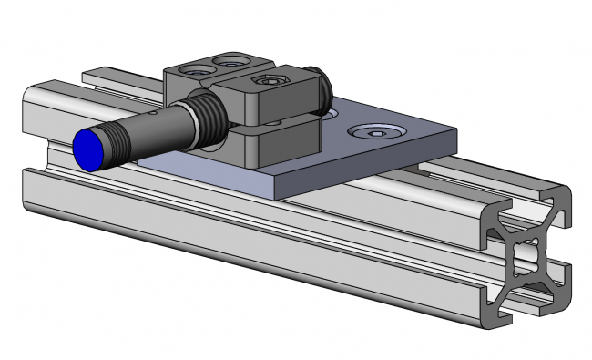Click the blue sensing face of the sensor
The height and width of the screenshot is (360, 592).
tap(88, 149)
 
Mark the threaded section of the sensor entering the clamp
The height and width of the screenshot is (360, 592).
tap(207, 114)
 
